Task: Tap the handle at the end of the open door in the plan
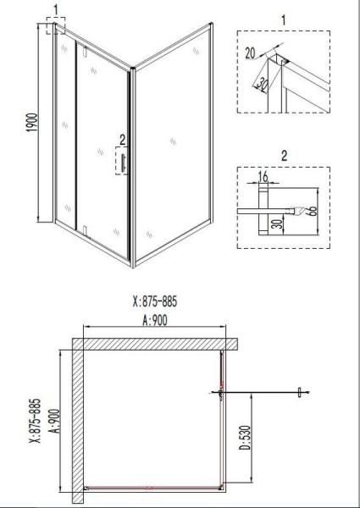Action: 299,391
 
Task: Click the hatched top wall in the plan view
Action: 152,344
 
